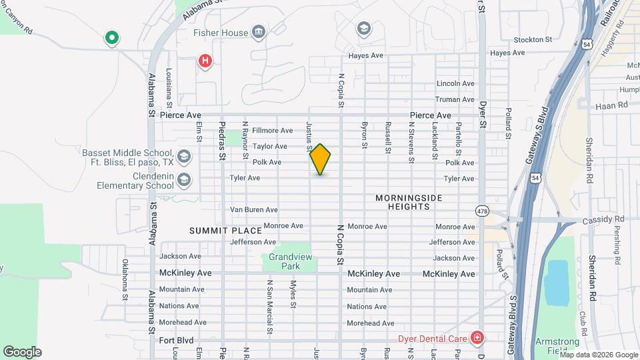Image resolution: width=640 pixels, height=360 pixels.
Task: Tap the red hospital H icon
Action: click(206, 62)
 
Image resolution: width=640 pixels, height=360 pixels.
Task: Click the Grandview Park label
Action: click(285, 261)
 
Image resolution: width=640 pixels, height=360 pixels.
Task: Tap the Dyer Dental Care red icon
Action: click(477, 338)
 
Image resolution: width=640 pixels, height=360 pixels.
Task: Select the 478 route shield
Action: click(481, 211)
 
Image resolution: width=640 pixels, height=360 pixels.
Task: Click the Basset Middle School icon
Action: click(185, 157)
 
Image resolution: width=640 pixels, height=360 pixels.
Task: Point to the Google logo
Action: click(22, 351)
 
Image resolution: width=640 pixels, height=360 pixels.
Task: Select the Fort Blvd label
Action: click(177, 340)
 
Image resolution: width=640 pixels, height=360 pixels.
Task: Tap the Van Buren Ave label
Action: click(253, 209)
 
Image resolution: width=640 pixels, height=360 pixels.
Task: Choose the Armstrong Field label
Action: click(557, 347)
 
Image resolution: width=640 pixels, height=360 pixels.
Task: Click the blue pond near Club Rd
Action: click(556, 281)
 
